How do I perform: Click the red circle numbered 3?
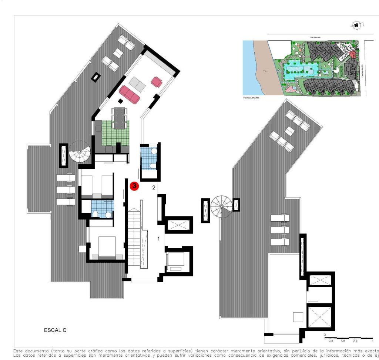[x=134, y=186]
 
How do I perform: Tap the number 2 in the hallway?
[x=154, y=188]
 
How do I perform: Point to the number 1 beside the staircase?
[x=158, y=239]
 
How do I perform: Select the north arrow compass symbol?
[x=356, y=25]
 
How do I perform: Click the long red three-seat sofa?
[x=129, y=95]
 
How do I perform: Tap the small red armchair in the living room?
[x=156, y=81]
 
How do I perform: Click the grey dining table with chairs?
[x=119, y=118]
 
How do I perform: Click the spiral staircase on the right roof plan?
[x=221, y=207]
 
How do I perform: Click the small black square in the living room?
[x=120, y=101]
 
